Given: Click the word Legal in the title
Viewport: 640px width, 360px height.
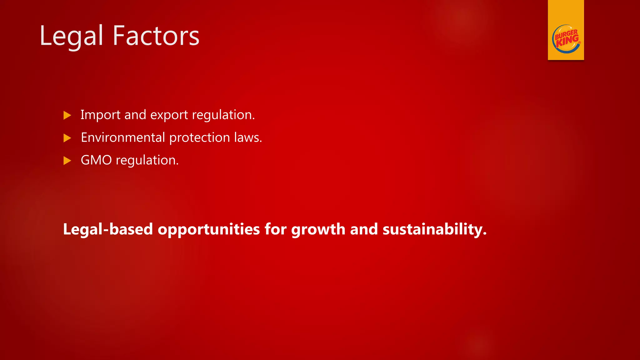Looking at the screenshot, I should (71, 36).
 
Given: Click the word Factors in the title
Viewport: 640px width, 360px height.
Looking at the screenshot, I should (156, 36).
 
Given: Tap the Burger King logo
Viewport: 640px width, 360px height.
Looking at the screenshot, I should (566, 39).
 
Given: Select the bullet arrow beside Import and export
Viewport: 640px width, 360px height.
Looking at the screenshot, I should (67, 115).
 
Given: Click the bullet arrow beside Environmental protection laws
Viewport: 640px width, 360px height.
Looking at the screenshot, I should (67, 138).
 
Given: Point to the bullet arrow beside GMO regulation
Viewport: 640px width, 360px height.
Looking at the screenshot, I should (67, 161).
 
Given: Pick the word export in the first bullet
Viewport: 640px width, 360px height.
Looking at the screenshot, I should (169, 115).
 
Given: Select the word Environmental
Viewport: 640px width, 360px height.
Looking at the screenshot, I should (123, 137).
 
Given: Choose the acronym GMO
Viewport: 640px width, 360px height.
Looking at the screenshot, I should (96, 160).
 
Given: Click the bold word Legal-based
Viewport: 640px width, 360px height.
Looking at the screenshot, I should (108, 229).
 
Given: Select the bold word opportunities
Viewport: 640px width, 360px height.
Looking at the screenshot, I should (209, 230).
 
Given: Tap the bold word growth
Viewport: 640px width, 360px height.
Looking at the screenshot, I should (318, 230).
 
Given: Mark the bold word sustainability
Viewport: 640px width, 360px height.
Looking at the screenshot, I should (434, 230).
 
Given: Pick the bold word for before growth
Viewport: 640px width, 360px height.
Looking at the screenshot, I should (275, 229).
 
